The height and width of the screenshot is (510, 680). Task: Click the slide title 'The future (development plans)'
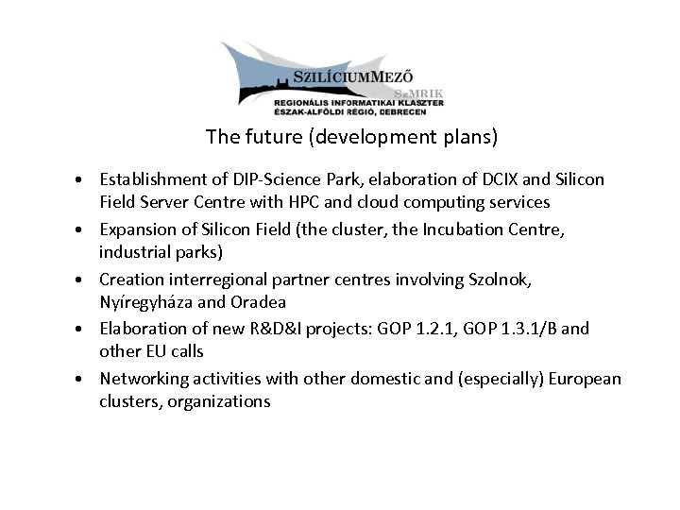click(x=351, y=137)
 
